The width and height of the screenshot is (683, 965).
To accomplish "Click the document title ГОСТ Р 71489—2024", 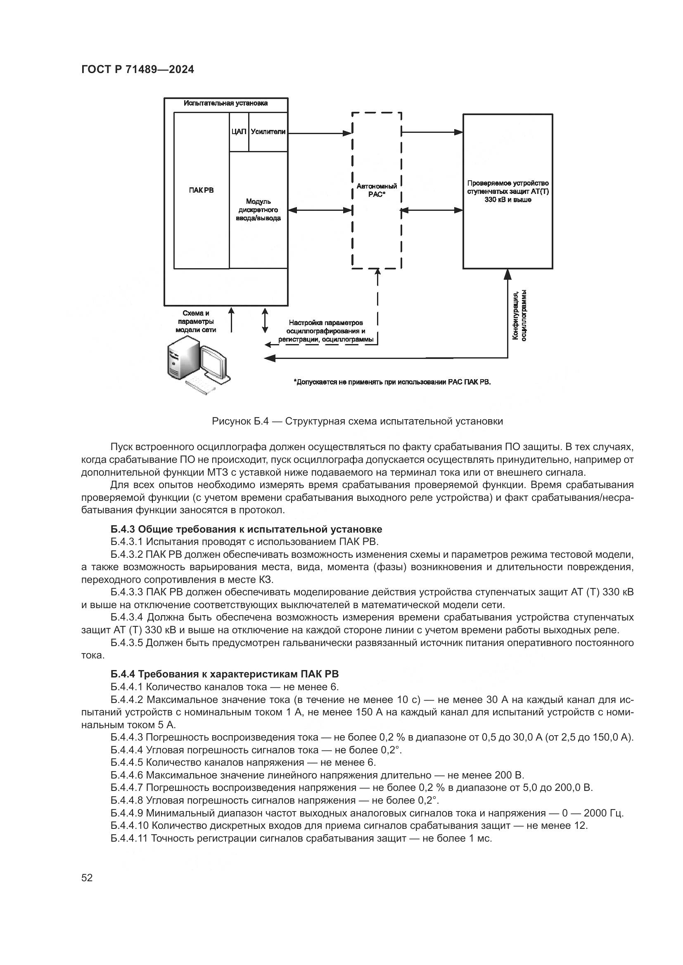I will pyautogui.click(x=138, y=70).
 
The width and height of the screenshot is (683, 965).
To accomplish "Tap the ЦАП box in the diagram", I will pyautogui.click(x=238, y=132).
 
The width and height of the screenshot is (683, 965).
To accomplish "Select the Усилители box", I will pyautogui.click(x=268, y=132).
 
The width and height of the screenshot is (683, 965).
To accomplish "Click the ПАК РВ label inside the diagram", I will pyautogui.click(x=201, y=190).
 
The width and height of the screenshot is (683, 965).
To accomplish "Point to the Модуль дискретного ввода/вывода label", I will pyautogui.click(x=258, y=210).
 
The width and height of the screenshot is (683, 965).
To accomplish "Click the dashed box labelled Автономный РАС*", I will pyautogui.click(x=377, y=190).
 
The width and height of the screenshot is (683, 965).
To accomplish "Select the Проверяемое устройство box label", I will pyautogui.click(x=508, y=192).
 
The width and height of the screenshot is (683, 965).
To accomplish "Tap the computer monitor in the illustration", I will pyautogui.click(x=214, y=363).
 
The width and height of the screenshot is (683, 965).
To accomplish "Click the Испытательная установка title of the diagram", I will pyautogui.click(x=225, y=104).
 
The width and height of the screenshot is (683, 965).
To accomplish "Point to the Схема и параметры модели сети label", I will pyautogui.click(x=196, y=321).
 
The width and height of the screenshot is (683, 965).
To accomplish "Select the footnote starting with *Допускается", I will pyautogui.click(x=392, y=382).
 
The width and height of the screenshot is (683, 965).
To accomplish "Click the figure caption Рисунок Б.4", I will pyautogui.click(x=357, y=421).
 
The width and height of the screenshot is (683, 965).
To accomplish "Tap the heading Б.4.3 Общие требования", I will pyautogui.click(x=247, y=529).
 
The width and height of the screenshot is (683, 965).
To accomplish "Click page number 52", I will pyautogui.click(x=87, y=878).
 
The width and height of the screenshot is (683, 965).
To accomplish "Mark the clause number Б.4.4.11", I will pyautogui.click(x=129, y=838).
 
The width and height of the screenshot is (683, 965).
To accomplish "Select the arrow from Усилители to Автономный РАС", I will pyautogui.click(x=320, y=134).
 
